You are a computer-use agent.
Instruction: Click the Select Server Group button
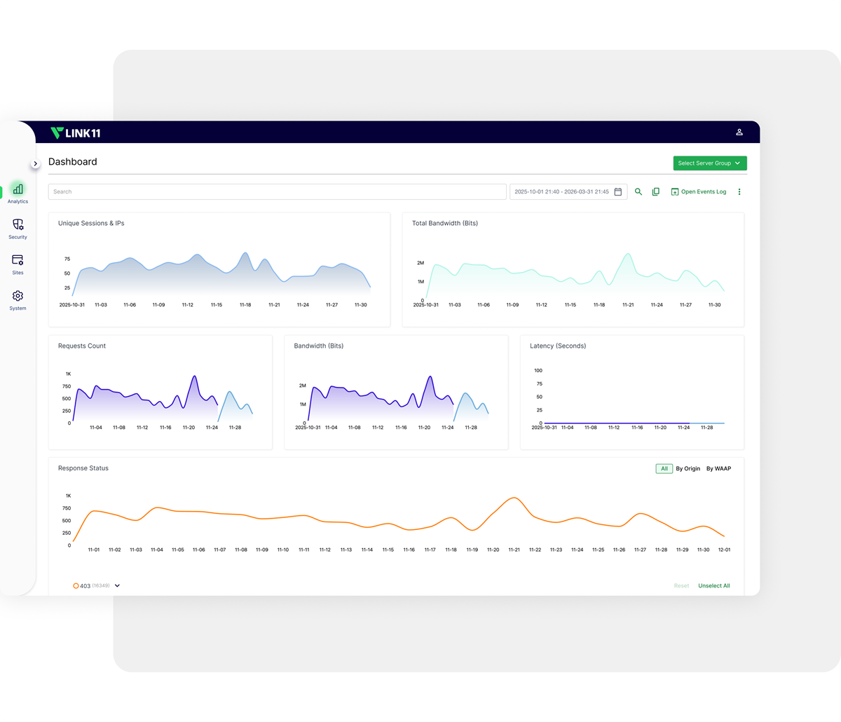[709, 163]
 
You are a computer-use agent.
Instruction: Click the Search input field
[277, 191]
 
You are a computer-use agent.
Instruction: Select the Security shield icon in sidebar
[18, 225]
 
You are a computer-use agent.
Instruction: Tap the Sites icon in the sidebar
[18, 261]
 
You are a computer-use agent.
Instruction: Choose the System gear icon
[18, 297]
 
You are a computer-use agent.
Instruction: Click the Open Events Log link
[699, 191]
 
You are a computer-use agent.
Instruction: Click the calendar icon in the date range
[617, 191]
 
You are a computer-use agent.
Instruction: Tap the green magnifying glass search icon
[638, 191]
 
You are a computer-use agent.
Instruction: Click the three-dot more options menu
[739, 191]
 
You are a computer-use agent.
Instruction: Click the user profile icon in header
[739, 132]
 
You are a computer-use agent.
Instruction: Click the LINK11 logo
[76, 132]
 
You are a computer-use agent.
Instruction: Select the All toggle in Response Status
[664, 468]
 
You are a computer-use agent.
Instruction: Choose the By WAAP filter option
[718, 468]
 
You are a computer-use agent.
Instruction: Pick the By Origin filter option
[688, 468]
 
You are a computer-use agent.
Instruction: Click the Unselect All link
[713, 585]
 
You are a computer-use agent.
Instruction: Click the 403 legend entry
[83, 585]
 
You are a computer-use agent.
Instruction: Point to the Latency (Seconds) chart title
[558, 346]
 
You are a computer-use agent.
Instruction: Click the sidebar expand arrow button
[36, 163]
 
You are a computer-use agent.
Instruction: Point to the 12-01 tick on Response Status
[724, 550]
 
